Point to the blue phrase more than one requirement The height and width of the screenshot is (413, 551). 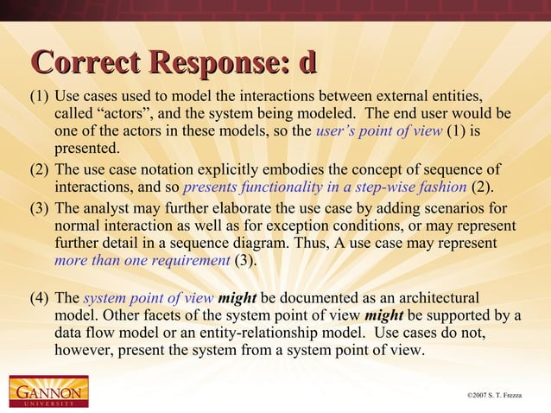click(x=142, y=261)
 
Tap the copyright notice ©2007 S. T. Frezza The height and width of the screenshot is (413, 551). click(x=501, y=396)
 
